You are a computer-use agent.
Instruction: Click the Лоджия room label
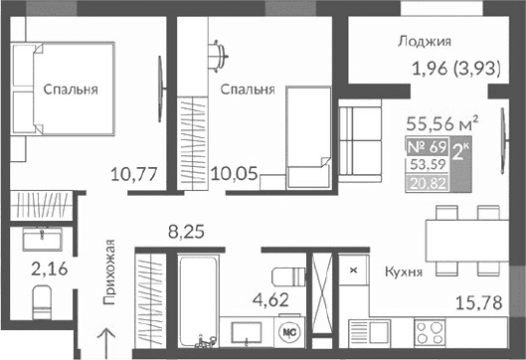(x=424, y=42)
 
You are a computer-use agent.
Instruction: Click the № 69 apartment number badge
(x=427, y=149)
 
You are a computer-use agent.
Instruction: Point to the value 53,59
(x=427, y=166)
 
